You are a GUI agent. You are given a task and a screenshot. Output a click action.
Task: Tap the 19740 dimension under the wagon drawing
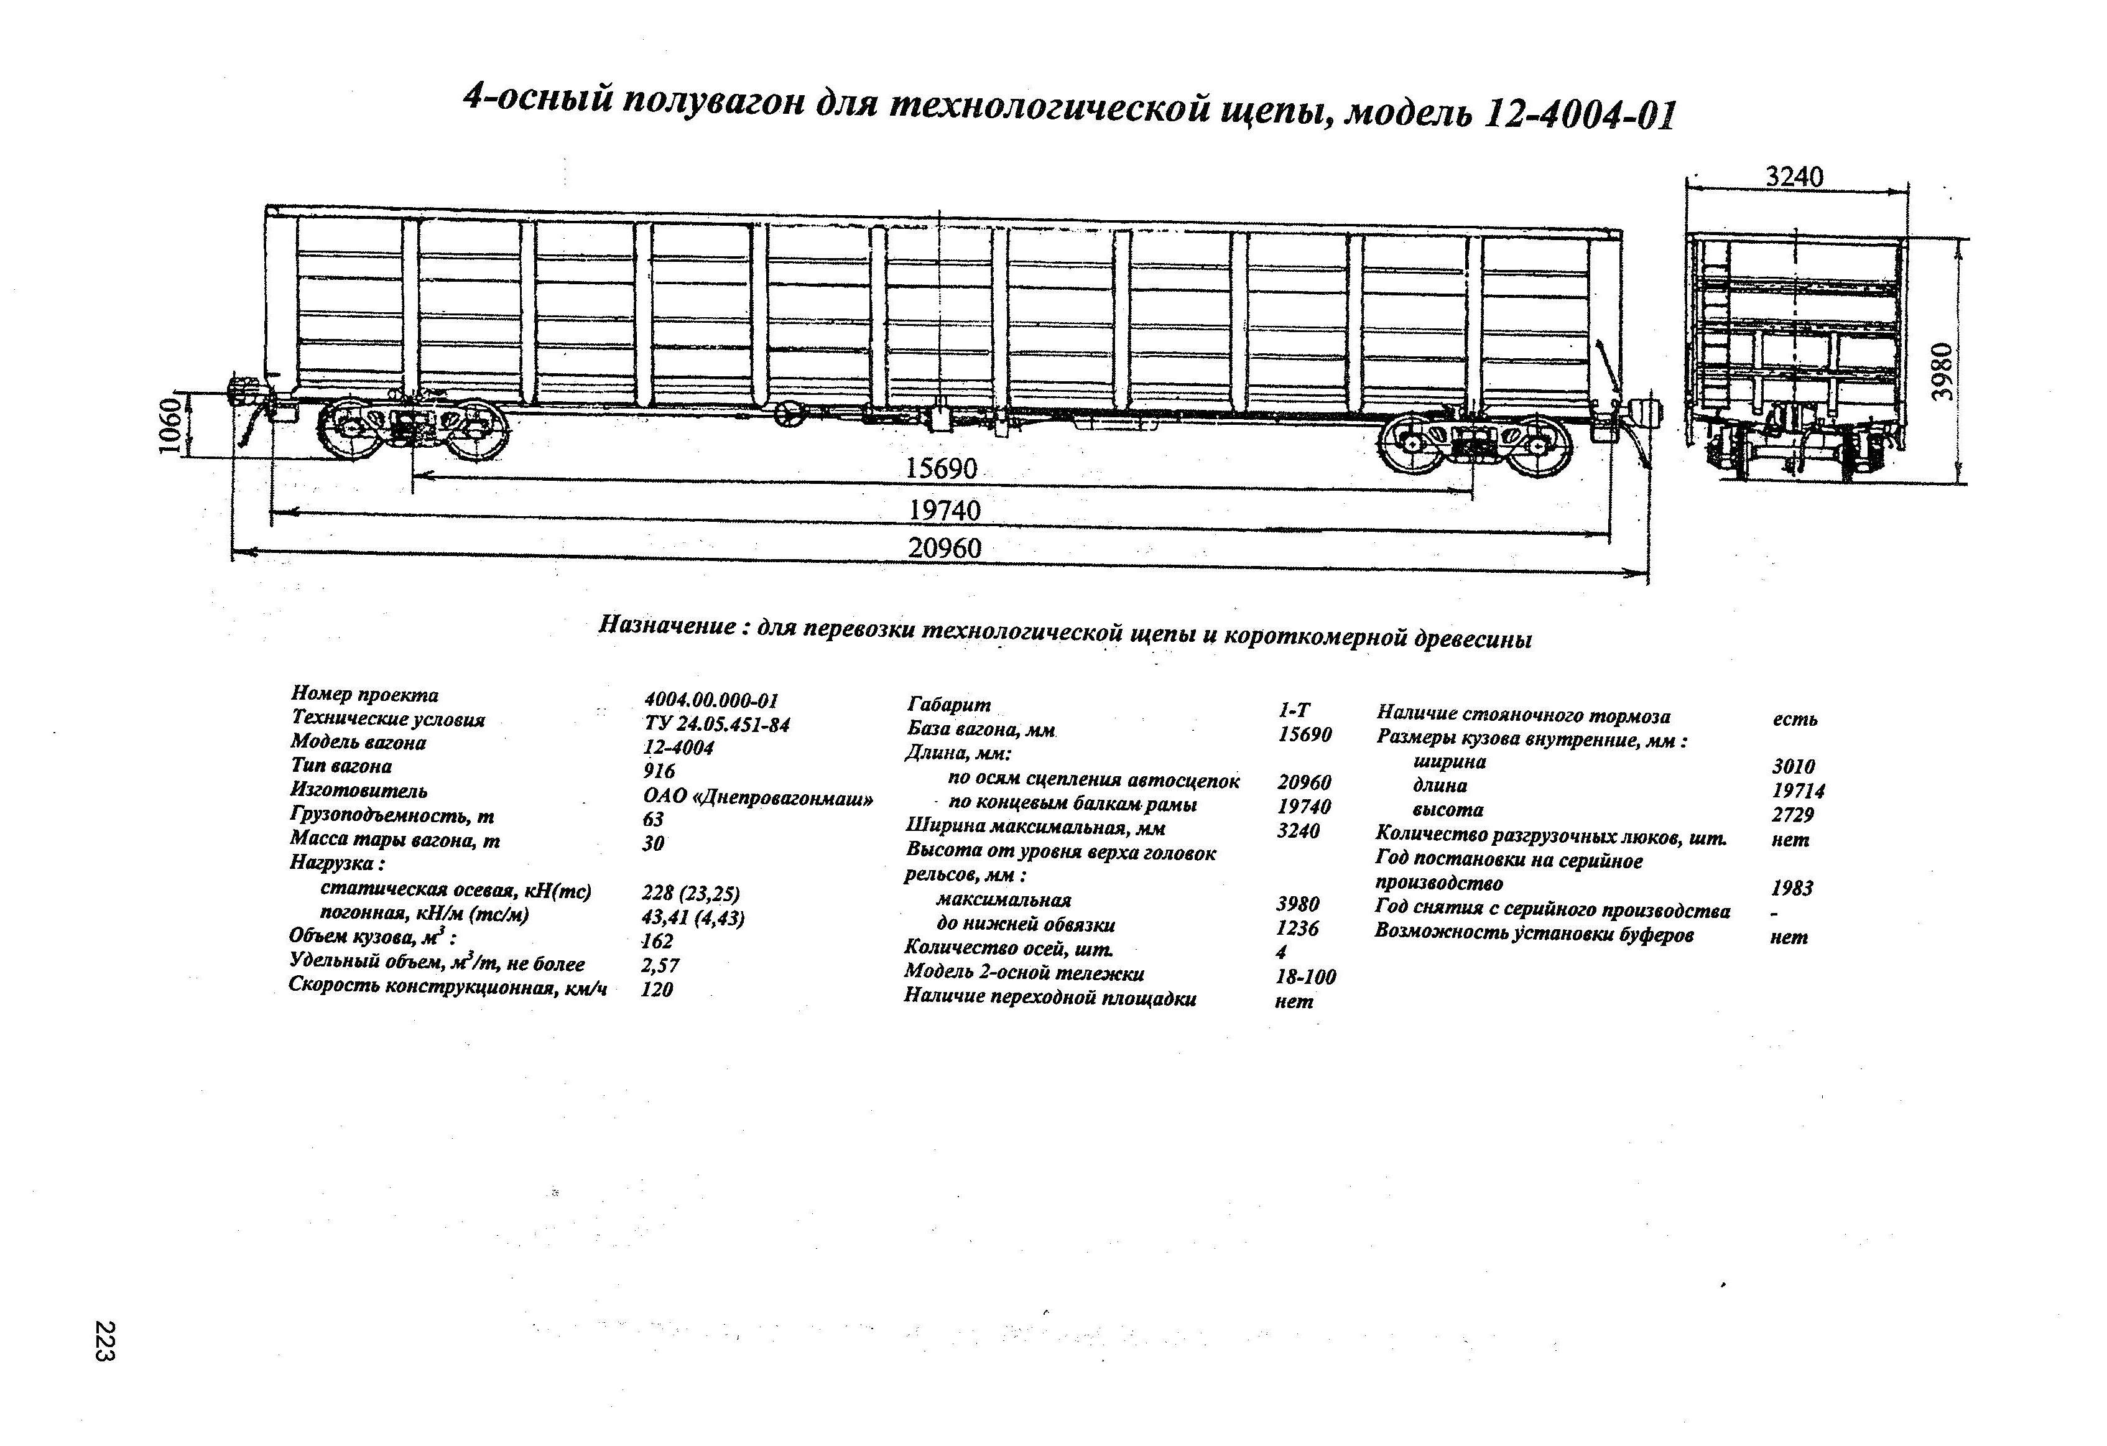click(945, 511)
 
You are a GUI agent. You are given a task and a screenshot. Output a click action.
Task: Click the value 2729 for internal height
click(1792, 815)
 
